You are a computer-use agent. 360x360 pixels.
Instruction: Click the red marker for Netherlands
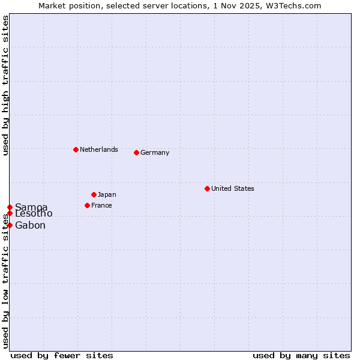(76, 149)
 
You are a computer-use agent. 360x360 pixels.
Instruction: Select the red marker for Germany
(136, 152)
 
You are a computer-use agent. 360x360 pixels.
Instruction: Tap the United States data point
(207, 188)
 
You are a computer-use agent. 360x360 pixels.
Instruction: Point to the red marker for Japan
(94, 194)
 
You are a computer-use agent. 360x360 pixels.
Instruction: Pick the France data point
(87, 205)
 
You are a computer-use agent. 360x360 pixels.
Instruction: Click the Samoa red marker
(10, 207)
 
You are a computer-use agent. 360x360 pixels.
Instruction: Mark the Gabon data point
(10, 225)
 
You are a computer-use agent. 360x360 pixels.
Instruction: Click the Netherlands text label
(99, 149)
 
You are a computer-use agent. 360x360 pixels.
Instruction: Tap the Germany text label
(155, 152)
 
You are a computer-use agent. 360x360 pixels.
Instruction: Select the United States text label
(233, 188)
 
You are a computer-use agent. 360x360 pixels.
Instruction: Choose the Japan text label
(107, 194)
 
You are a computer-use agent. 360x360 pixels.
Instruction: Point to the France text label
(101, 205)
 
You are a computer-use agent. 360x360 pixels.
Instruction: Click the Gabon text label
(30, 226)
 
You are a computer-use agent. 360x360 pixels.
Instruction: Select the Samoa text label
(31, 208)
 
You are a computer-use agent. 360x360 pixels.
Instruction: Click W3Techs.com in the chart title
(295, 5)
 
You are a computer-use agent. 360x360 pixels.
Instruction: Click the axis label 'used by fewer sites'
(62, 355)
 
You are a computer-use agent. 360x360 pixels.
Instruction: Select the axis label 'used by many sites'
(301, 355)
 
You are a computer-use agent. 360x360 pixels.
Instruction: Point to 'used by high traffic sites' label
(5, 85)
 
